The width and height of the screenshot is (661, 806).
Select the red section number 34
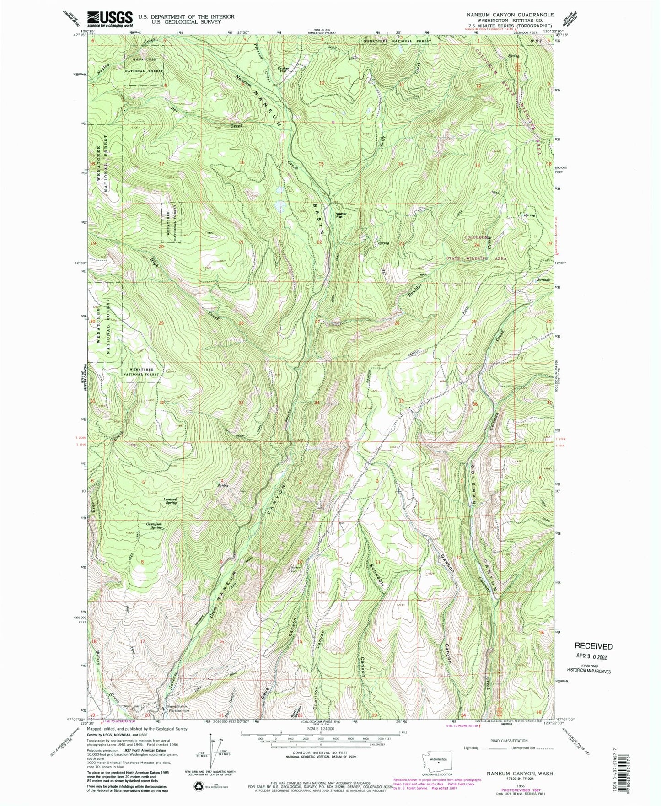coord(317,403)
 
